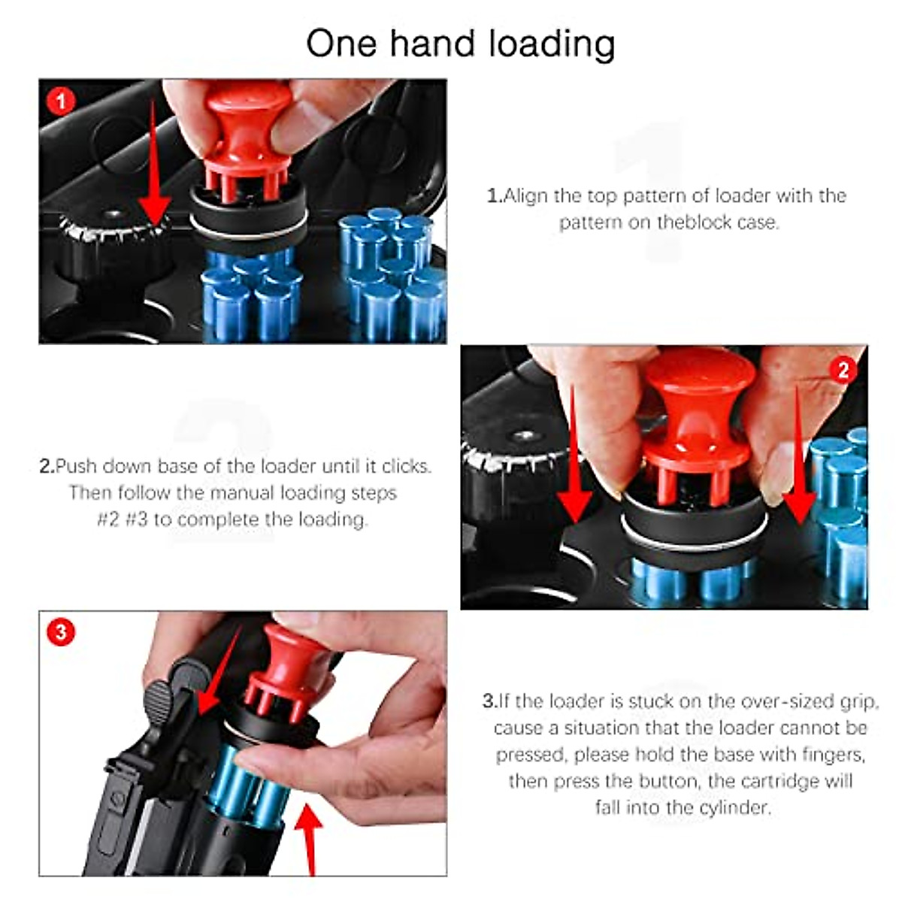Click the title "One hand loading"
pos(460,44)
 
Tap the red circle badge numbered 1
pos(61,101)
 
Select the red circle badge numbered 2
pos(843,369)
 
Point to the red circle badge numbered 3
pos(61,631)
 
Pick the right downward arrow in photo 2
pos(798,466)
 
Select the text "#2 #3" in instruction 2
pos(123,519)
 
